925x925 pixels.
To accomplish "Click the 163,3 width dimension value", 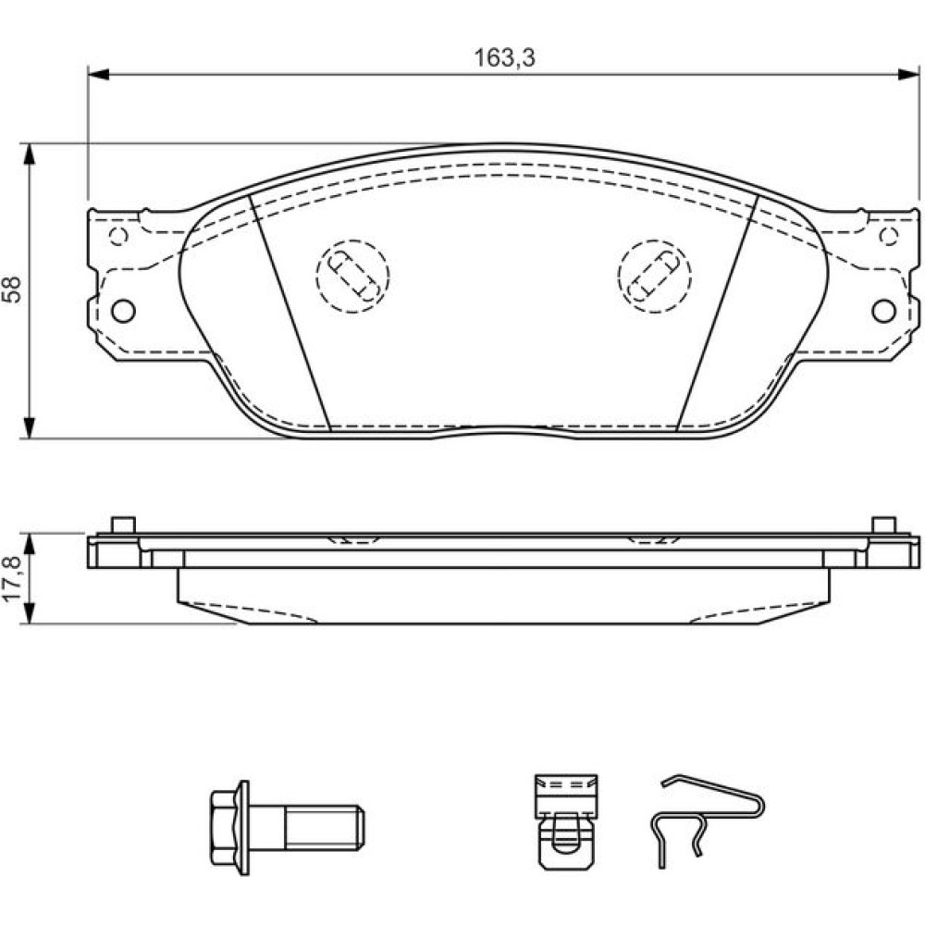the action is (x=504, y=57).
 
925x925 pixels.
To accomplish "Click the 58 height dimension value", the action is (x=12, y=289).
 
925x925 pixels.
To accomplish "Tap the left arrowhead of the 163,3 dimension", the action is (x=99, y=74).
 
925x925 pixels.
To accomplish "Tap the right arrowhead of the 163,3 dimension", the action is (x=908, y=74).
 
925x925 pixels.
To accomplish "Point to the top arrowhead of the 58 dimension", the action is (x=29, y=154).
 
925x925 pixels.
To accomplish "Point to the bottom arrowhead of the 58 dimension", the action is (x=29, y=427).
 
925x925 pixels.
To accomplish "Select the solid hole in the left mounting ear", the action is (x=123, y=311).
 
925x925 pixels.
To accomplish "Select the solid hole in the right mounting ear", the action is (x=883, y=311).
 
